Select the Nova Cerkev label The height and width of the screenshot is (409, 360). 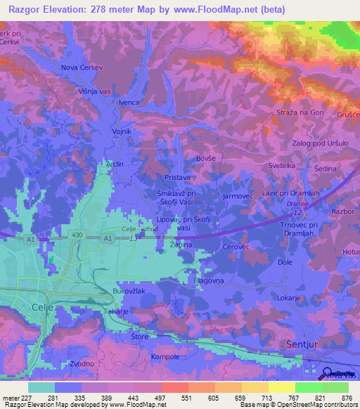[84, 68]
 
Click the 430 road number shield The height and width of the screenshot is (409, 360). [77, 233]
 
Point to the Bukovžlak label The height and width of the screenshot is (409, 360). [129, 290]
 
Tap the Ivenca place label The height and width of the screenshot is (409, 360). [129, 103]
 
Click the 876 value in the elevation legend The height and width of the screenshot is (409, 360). [346, 396]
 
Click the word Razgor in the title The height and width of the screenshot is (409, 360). [25, 9]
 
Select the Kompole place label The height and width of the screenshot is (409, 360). [165, 356]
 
